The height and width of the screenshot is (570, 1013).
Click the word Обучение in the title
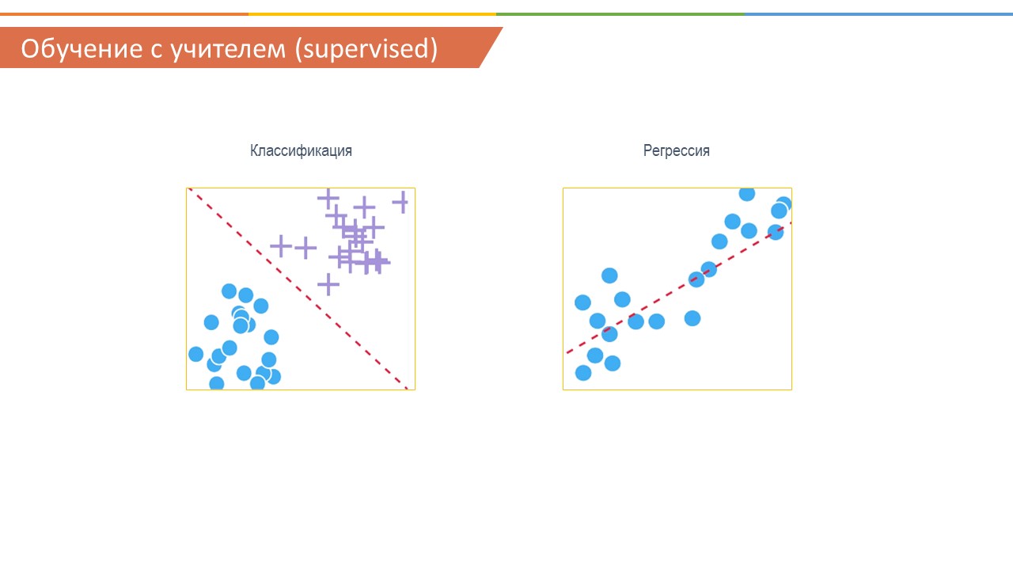click(82, 48)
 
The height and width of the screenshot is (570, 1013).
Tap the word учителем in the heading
click(229, 50)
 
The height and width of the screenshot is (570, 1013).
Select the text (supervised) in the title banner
click(366, 49)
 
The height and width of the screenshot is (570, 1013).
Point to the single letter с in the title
click(157, 51)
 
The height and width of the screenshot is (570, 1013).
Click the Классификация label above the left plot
click(302, 150)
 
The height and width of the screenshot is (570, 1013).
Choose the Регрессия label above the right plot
click(677, 150)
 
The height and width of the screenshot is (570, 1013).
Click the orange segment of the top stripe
click(124, 14)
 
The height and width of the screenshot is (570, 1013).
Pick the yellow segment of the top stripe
click(372, 14)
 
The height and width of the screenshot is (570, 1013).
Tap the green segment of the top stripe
click(620, 14)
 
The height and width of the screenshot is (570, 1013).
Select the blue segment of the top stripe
click(878, 14)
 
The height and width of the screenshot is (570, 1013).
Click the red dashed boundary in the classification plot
click(298, 289)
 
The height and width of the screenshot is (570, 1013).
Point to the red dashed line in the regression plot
click(679, 287)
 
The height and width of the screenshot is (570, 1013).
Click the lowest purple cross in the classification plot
click(328, 284)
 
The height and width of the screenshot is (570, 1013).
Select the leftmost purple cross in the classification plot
click(281, 246)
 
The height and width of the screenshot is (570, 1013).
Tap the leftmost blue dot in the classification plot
click(195, 354)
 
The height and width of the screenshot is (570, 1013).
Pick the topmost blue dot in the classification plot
click(230, 291)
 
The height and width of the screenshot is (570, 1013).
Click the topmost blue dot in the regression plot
click(747, 194)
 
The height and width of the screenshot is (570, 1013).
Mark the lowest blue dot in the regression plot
click(583, 373)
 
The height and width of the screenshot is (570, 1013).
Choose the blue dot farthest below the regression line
click(692, 318)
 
